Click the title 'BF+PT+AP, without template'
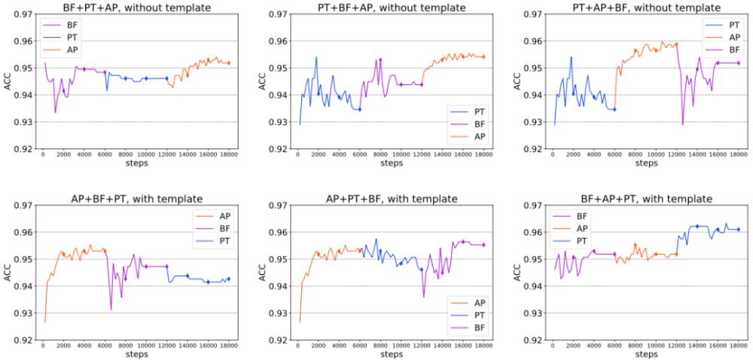[x=137, y=7]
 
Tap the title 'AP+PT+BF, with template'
[x=392, y=199]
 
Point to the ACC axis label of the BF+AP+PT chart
[x=516, y=272]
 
